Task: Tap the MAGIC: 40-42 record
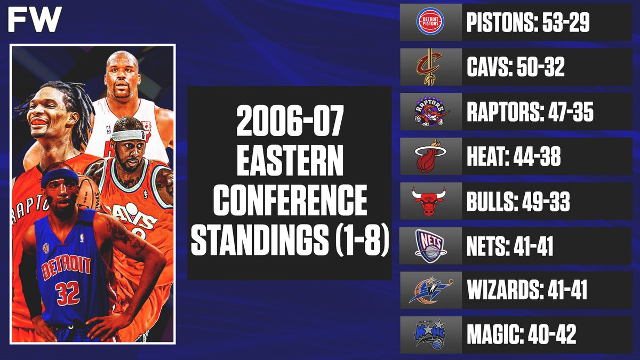(x=521, y=336)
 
